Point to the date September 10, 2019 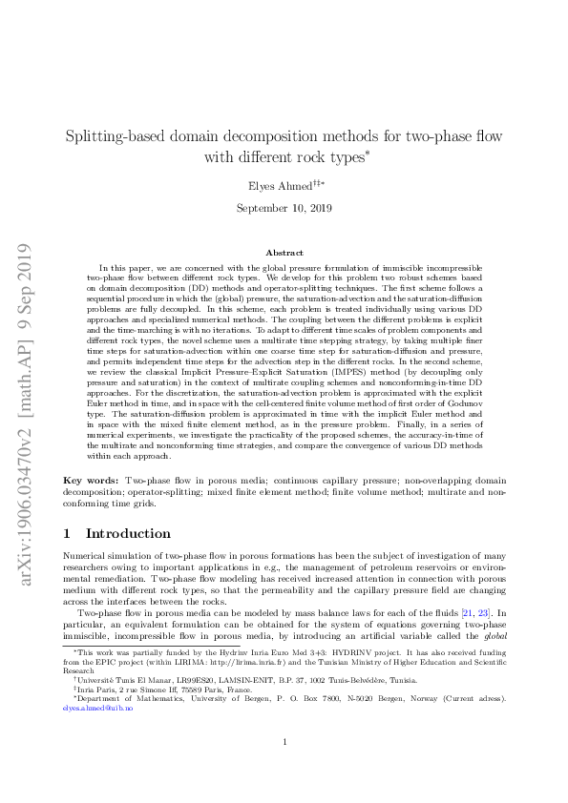(284, 207)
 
